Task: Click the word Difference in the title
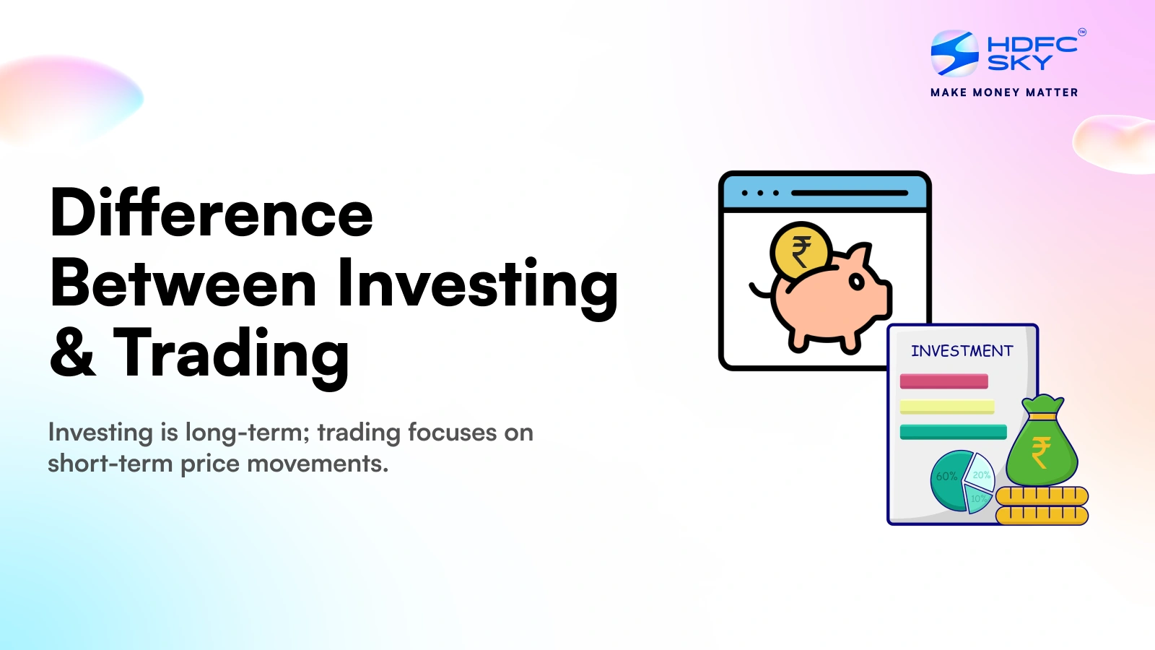tap(212, 214)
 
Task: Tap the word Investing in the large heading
tap(478, 285)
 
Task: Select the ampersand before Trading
tap(72, 353)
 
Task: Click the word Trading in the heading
tap(231, 353)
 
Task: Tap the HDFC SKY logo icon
tap(954, 53)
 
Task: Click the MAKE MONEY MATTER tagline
tap(1004, 92)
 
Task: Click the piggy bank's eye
tap(857, 282)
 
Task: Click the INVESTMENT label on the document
tap(962, 351)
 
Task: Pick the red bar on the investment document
tap(943, 381)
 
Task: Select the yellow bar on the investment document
tap(947, 407)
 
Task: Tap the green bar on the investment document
tap(953, 432)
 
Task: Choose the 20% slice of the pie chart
tap(981, 473)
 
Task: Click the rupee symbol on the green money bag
tap(1040, 454)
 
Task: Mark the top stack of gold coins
tap(1042, 495)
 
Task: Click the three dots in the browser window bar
tap(760, 193)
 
